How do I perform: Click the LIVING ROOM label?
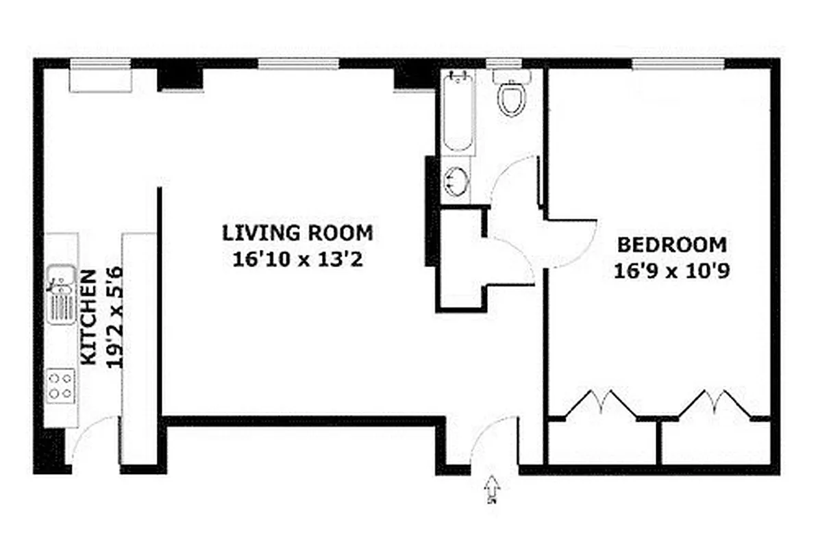297,233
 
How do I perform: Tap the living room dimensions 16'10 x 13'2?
297,260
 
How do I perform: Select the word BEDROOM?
671,245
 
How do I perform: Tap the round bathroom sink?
456,182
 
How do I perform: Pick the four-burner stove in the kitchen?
61,385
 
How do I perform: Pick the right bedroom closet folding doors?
715,403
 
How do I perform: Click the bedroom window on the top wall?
678,64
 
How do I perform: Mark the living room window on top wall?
298,64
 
